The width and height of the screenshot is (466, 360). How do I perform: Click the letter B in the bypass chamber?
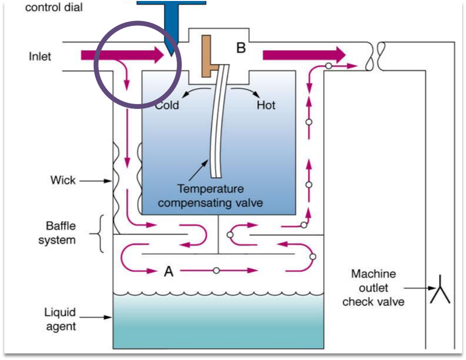(241, 48)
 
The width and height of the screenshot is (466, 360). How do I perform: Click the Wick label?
(63, 180)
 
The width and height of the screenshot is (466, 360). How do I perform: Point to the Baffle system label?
(57, 233)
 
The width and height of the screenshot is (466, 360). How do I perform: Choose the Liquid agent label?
(60, 319)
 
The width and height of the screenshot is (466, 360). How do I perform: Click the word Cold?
(167, 105)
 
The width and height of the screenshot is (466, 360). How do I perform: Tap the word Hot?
(266, 105)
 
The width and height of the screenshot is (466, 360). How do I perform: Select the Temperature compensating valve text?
(210, 196)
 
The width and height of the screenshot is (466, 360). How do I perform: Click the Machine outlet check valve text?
(374, 288)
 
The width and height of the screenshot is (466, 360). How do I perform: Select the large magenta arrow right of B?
(304, 55)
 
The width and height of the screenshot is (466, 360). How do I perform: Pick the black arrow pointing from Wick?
(95, 181)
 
